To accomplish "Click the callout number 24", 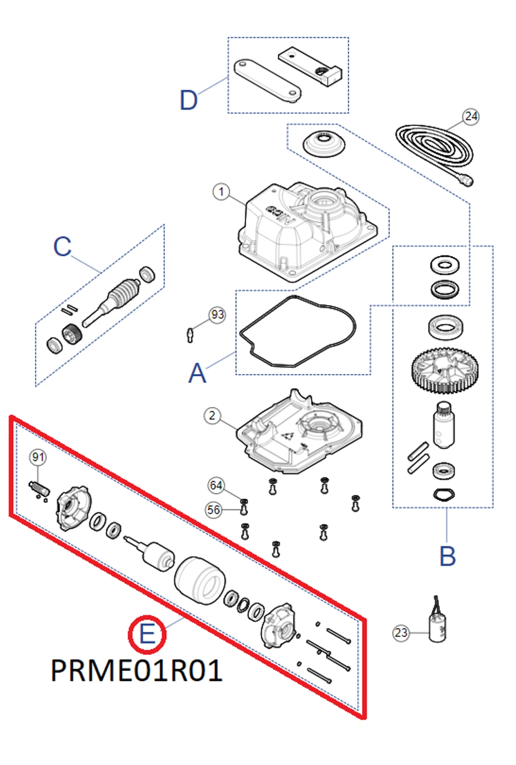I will click(x=471, y=116).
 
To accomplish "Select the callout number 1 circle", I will click(x=221, y=192).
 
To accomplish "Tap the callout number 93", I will click(x=217, y=314).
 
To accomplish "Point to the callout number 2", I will click(x=212, y=415).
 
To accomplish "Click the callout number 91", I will click(x=38, y=457).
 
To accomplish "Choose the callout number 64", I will click(x=216, y=485).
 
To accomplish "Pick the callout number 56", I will click(x=214, y=510).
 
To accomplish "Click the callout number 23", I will click(x=401, y=632).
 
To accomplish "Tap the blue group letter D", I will click(x=189, y=100).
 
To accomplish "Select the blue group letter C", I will click(x=62, y=247).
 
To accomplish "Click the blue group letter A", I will click(x=197, y=374).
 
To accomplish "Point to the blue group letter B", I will click(x=447, y=557).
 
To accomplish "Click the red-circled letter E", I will click(x=147, y=634).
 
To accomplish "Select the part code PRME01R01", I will click(x=136, y=670).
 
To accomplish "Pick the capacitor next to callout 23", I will click(x=437, y=626).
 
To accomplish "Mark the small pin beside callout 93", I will click(x=190, y=335).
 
